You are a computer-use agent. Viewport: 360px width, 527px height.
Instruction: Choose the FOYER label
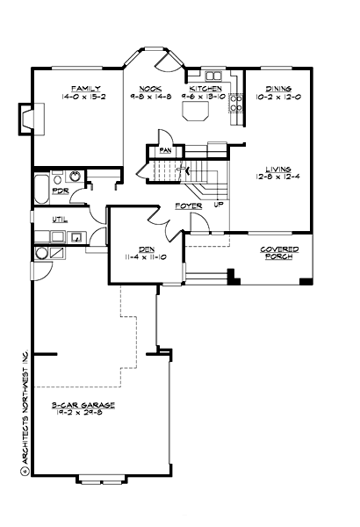click(188, 206)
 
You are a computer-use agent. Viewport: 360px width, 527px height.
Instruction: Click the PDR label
click(61, 191)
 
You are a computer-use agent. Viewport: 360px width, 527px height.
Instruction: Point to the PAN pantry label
click(164, 150)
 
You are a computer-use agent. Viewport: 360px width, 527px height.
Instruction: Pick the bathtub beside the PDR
click(41, 187)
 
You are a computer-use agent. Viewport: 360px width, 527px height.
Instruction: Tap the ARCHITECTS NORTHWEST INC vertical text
click(25, 408)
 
